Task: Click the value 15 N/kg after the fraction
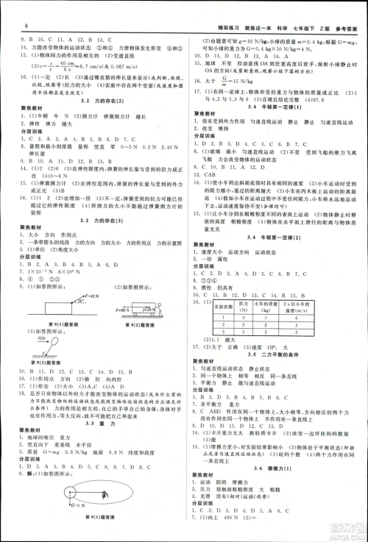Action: (x=241, y=82)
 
